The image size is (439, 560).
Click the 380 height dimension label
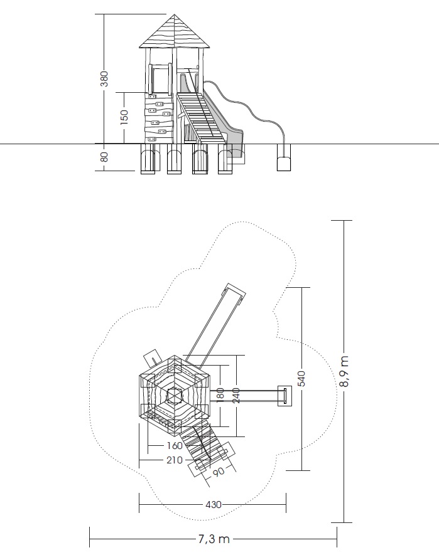coord(104,79)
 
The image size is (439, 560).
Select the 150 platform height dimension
coord(124,117)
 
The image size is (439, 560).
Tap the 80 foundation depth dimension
coord(104,157)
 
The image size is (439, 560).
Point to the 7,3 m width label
coord(214,539)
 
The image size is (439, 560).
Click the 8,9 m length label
coord(344,371)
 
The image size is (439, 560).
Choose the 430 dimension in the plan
coord(214,505)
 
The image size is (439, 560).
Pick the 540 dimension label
coord(301,379)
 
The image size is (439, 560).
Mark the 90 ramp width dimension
coord(219,472)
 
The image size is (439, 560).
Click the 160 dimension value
coord(175,445)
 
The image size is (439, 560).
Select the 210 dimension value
coord(175,460)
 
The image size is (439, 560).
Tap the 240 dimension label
coord(236,396)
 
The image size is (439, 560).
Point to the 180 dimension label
coord(220,394)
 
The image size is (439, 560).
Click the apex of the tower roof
coord(174,14)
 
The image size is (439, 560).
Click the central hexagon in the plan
coord(175,396)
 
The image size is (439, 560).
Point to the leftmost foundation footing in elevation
coord(148,159)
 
